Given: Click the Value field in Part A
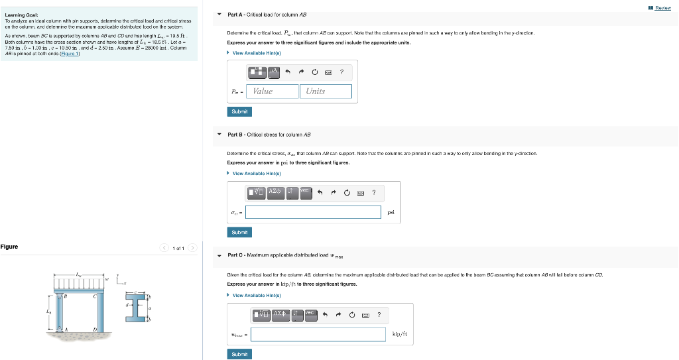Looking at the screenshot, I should pyautogui.click(x=272, y=91).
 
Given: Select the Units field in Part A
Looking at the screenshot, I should pyautogui.click(x=325, y=91).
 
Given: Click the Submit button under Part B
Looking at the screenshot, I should pyautogui.click(x=239, y=232).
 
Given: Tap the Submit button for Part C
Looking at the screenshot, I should pyautogui.click(x=239, y=354).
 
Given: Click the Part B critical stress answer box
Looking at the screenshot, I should pyautogui.click(x=314, y=212).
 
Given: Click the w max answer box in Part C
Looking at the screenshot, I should pyautogui.click(x=318, y=334).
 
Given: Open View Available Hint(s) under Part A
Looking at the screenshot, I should pyautogui.click(x=255, y=52).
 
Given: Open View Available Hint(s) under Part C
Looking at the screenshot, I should pyautogui.click(x=255, y=295).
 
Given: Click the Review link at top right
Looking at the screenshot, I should pyautogui.click(x=662, y=8).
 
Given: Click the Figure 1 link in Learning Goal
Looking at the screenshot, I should pyautogui.click(x=70, y=54).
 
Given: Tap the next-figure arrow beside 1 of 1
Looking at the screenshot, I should pyautogui.click(x=192, y=248).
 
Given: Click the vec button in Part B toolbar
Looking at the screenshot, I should pyautogui.click(x=305, y=192).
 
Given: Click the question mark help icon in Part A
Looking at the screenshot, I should pyautogui.click(x=341, y=71).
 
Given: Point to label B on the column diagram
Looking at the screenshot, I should pyautogui.click(x=65, y=296).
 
